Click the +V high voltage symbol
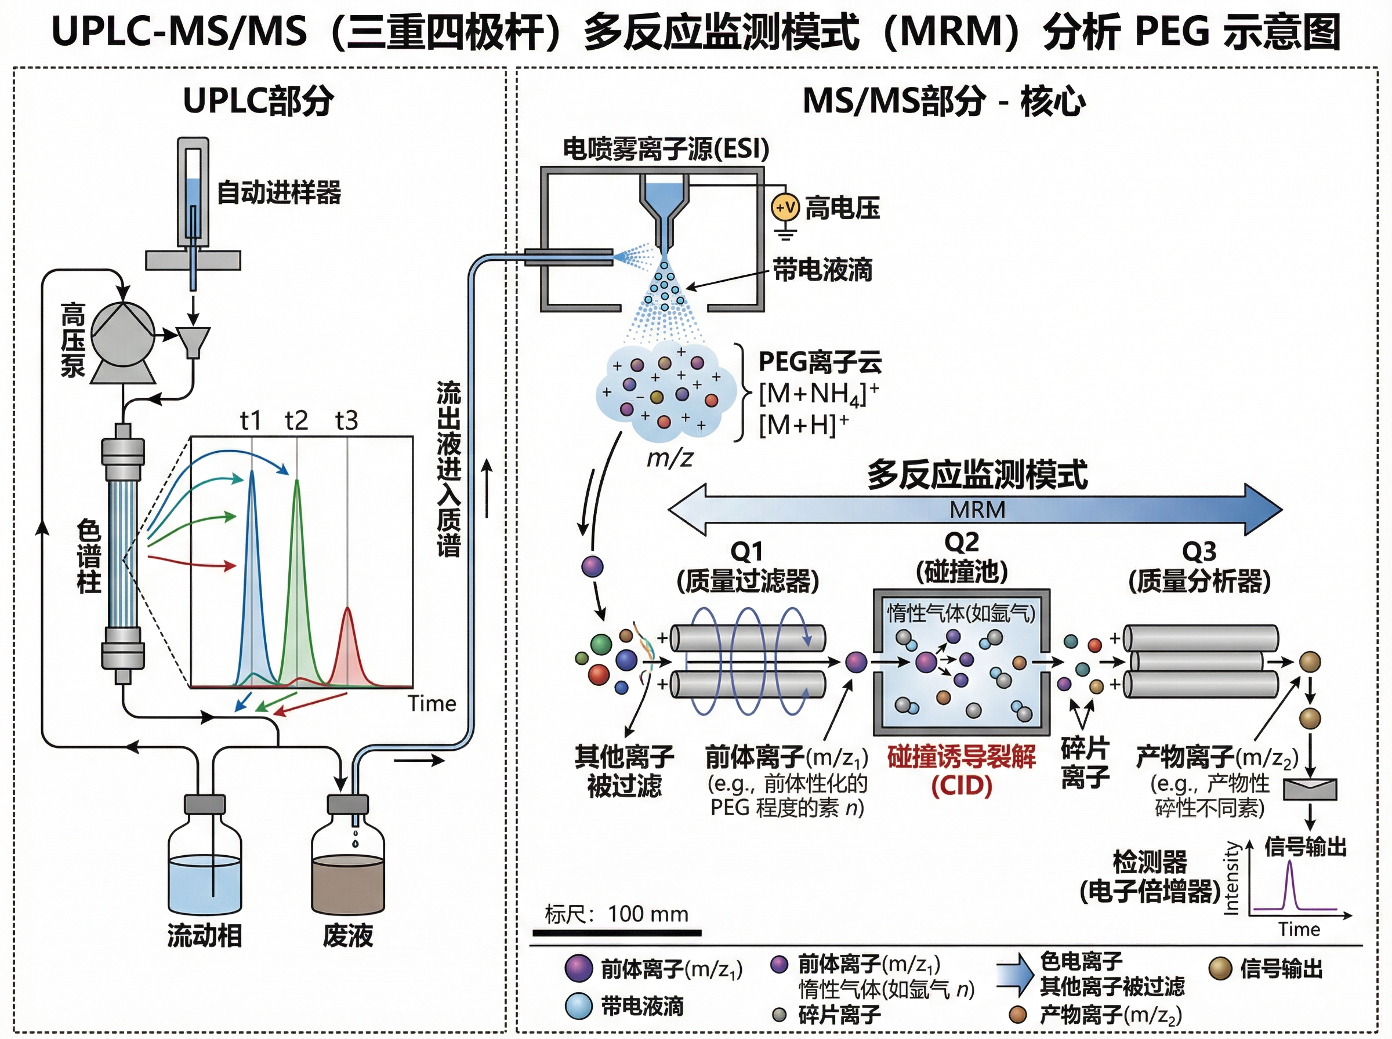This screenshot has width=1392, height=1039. click(785, 208)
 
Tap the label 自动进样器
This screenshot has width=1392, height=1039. click(278, 192)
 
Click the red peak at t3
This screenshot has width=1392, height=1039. click(348, 648)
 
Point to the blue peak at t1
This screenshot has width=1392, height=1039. click(252, 566)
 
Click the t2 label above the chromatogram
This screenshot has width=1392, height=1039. click(296, 420)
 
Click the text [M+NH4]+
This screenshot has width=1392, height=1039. click(818, 394)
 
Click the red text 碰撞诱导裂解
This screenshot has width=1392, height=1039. click(961, 757)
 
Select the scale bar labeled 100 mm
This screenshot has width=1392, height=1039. click(617, 933)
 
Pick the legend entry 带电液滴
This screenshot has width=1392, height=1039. click(641, 1006)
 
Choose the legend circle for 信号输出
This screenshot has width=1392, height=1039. click(1220, 969)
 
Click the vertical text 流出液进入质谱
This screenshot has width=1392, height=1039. click(449, 468)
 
